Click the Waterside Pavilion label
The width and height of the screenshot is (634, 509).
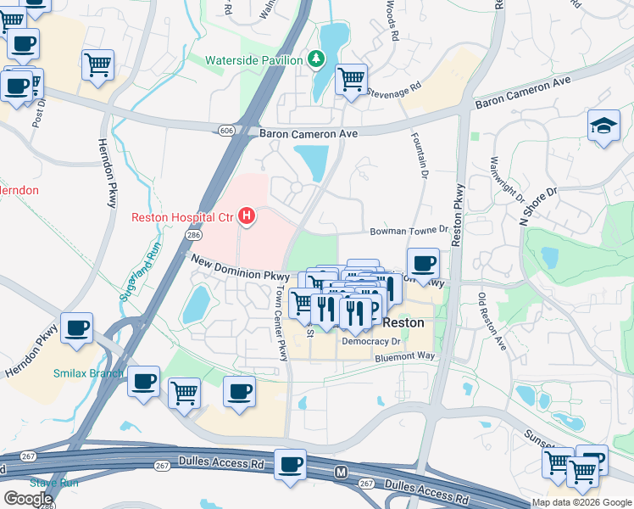click(x=254, y=60)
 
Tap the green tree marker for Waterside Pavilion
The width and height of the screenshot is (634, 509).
click(x=316, y=59)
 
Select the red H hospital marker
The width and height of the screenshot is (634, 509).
click(x=247, y=217)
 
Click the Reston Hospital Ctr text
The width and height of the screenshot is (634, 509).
click(x=181, y=217)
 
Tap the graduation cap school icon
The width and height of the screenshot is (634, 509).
click(x=603, y=126)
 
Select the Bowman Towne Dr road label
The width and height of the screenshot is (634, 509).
click(x=409, y=230)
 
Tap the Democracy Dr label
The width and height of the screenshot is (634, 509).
click(x=370, y=341)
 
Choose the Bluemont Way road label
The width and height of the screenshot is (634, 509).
click(x=405, y=357)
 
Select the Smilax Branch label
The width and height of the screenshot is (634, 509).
click(x=88, y=373)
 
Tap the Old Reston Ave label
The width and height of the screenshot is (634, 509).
click(x=492, y=322)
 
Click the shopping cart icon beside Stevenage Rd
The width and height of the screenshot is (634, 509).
click(x=351, y=81)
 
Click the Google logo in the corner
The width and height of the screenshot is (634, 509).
click(x=28, y=498)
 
